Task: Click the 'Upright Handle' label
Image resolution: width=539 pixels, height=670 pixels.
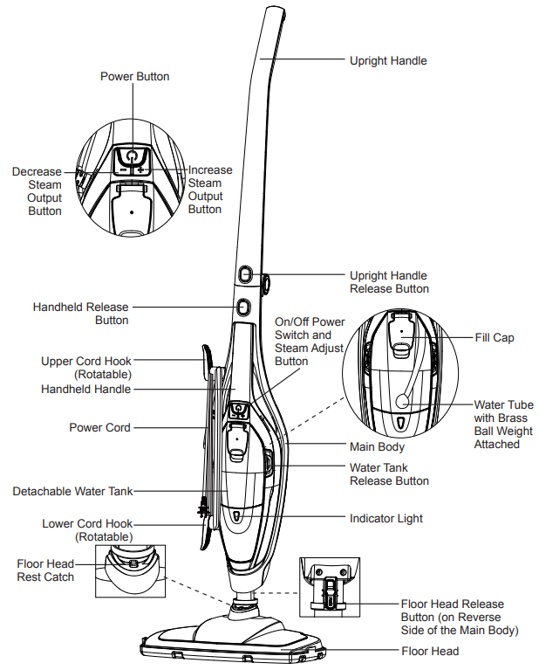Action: coord(388,60)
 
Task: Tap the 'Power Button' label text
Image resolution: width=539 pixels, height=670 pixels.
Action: coord(135,77)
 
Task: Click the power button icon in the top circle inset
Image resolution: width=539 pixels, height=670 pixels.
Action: coord(131,156)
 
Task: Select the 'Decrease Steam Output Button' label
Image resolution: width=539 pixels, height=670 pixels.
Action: coord(37,191)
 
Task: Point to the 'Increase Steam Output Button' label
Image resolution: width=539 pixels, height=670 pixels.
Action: coord(210,190)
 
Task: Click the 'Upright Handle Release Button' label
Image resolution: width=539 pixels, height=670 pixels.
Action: coord(389,282)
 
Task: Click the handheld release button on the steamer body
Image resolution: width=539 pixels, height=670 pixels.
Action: coord(242,307)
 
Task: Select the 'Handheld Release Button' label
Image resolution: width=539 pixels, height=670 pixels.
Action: coord(80,314)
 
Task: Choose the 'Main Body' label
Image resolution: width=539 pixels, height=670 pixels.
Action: coord(377,447)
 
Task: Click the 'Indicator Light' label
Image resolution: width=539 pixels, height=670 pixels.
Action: coord(386,518)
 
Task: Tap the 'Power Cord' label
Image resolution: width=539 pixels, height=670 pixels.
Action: coord(99,428)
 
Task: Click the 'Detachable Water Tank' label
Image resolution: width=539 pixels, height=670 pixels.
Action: coord(72,492)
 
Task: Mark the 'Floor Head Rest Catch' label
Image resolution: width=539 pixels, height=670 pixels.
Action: coord(45,570)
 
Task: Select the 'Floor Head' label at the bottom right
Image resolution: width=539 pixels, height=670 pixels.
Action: coord(430,651)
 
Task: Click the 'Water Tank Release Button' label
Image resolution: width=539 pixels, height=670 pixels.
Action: coord(389,474)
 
